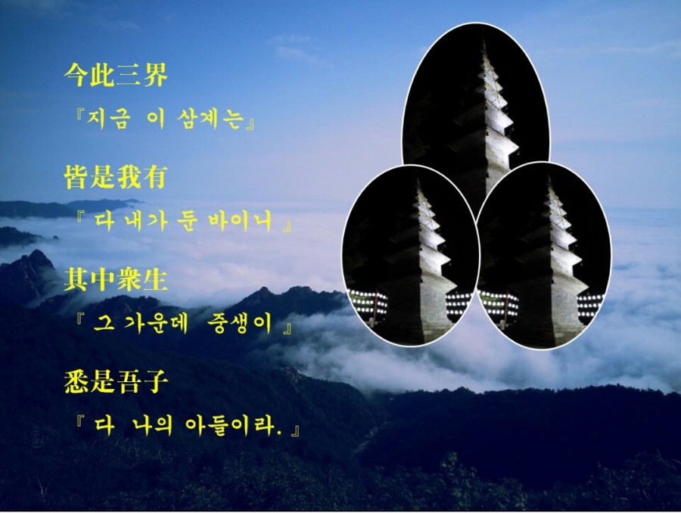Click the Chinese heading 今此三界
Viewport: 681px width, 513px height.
click(x=116, y=75)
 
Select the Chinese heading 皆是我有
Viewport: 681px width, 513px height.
click(x=116, y=177)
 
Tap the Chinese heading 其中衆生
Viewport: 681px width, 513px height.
click(x=116, y=278)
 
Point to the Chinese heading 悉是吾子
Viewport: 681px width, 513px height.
click(x=116, y=381)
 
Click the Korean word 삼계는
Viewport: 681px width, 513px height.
click(x=210, y=119)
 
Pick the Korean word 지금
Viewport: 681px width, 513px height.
click(x=108, y=119)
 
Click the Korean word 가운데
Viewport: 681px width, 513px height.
click(x=157, y=324)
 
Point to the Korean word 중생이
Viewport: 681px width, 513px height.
click(x=240, y=324)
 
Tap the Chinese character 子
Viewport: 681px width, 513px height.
click(x=155, y=381)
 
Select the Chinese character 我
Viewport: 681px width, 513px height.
click(x=129, y=177)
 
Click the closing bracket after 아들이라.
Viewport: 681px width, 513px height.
click(x=295, y=431)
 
